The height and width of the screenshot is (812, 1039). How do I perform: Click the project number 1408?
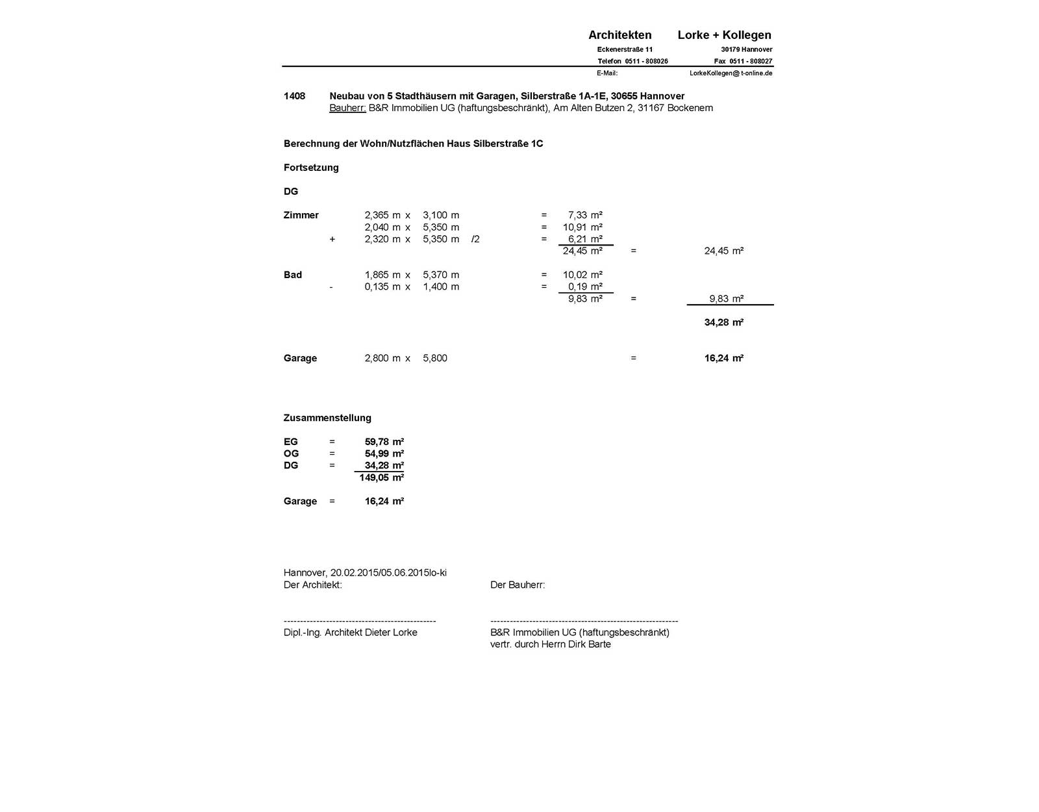tap(294, 96)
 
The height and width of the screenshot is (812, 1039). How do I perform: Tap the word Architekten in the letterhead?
tap(620, 35)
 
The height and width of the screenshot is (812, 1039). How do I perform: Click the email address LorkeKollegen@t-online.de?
tap(731, 73)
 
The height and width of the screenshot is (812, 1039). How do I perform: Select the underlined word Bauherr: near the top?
tap(347, 108)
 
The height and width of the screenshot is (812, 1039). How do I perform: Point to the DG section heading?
tap(291, 192)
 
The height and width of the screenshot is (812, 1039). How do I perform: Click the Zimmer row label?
tap(301, 215)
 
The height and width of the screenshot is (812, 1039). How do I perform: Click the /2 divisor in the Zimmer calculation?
tap(475, 239)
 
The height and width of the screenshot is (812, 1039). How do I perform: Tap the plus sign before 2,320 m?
tap(332, 239)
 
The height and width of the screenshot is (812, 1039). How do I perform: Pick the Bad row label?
tap(292, 275)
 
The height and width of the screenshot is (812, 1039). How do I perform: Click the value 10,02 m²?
tap(582, 275)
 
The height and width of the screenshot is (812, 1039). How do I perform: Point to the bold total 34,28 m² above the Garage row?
tap(723, 322)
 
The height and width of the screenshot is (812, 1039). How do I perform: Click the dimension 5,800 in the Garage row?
tap(435, 358)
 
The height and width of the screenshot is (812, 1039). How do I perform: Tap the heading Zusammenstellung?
tap(327, 418)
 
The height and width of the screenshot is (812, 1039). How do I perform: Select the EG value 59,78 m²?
tap(384, 442)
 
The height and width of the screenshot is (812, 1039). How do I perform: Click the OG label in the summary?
tap(291, 453)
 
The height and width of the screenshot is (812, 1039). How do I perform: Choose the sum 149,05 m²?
tap(381, 477)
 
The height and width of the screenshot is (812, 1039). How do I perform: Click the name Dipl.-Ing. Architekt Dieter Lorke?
tap(350, 632)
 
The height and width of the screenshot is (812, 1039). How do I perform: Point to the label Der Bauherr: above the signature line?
tap(518, 585)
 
